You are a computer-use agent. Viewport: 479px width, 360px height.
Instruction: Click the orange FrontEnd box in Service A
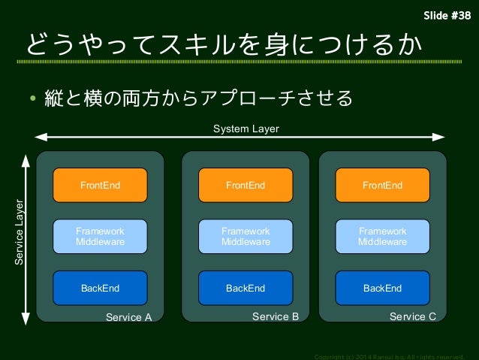pyautogui.click(x=100, y=185)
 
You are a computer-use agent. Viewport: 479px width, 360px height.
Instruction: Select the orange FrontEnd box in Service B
pyautogui.click(x=246, y=185)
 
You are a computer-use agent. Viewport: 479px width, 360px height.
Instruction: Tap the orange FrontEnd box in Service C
pyautogui.click(x=382, y=185)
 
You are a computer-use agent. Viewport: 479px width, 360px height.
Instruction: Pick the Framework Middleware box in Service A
pyautogui.click(x=100, y=236)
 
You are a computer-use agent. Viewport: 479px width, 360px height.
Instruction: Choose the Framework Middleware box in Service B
pyautogui.click(x=246, y=236)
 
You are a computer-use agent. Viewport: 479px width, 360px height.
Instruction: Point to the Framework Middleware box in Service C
pyautogui.click(x=382, y=236)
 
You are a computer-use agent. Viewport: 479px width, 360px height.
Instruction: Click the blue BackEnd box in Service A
pyautogui.click(x=100, y=288)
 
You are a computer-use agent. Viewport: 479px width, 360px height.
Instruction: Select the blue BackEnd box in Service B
pyautogui.click(x=246, y=288)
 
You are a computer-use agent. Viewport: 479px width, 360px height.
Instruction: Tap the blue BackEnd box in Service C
pyautogui.click(x=382, y=288)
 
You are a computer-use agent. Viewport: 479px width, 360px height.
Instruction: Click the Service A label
pyautogui.click(x=128, y=317)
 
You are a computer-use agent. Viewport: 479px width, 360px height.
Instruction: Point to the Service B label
pyautogui.click(x=275, y=316)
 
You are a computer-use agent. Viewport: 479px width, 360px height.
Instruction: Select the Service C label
pyautogui.click(x=412, y=316)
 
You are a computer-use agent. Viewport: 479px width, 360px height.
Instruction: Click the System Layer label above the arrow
pyautogui.click(x=246, y=129)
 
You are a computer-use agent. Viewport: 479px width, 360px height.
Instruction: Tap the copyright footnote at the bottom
pyautogui.click(x=390, y=355)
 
